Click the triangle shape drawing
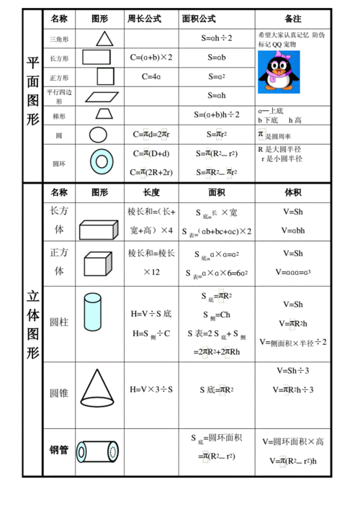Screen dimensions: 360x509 pyautogui.click(x=104, y=38)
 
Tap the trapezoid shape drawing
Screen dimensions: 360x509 pyautogui.click(x=103, y=114)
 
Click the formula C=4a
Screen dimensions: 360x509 pyautogui.click(x=150, y=76)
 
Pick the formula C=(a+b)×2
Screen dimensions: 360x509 pyautogui.click(x=150, y=56)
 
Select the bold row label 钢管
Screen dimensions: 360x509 pyautogui.click(x=59, y=451)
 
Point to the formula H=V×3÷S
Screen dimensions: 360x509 pyautogui.click(x=151, y=389)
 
